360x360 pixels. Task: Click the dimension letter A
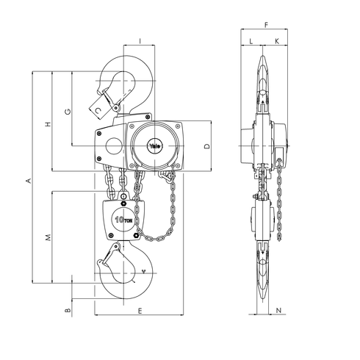click(x=29, y=179)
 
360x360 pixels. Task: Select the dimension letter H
click(x=48, y=124)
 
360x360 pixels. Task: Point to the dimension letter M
click(x=48, y=237)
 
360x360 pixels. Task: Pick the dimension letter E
click(x=139, y=312)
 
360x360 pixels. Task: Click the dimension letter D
click(x=207, y=146)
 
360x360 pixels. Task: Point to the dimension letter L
click(x=251, y=40)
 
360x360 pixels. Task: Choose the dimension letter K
click(x=276, y=40)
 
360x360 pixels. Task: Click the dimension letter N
click(x=278, y=312)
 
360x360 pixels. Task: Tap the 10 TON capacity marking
click(x=123, y=219)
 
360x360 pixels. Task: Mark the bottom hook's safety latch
click(x=112, y=259)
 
